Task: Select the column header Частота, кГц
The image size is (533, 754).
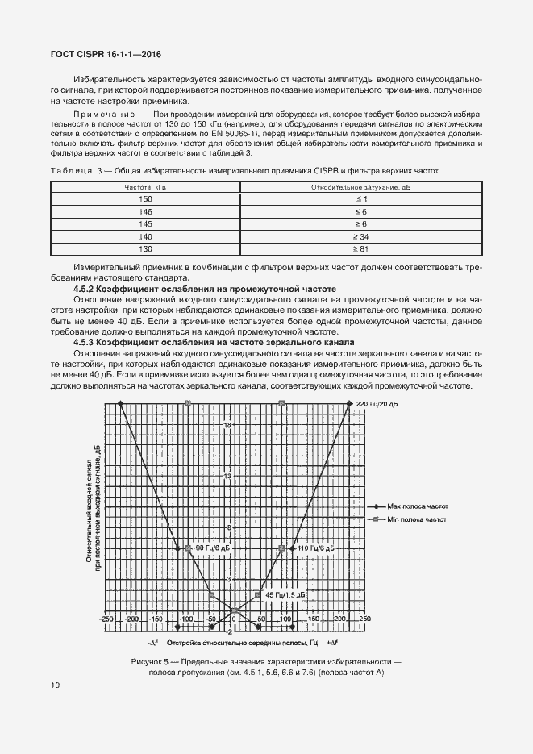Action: (x=145, y=186)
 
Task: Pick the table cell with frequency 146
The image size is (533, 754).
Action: (x=145, y=210)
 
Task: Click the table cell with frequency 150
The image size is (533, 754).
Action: (x=145, y=198)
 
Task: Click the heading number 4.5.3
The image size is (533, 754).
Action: (x=87, y=342)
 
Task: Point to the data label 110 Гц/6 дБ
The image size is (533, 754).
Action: (x=314, y=548)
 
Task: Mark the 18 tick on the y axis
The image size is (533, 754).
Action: (x=227, y=425)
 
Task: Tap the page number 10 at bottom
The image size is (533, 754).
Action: (x=55, y=685)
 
